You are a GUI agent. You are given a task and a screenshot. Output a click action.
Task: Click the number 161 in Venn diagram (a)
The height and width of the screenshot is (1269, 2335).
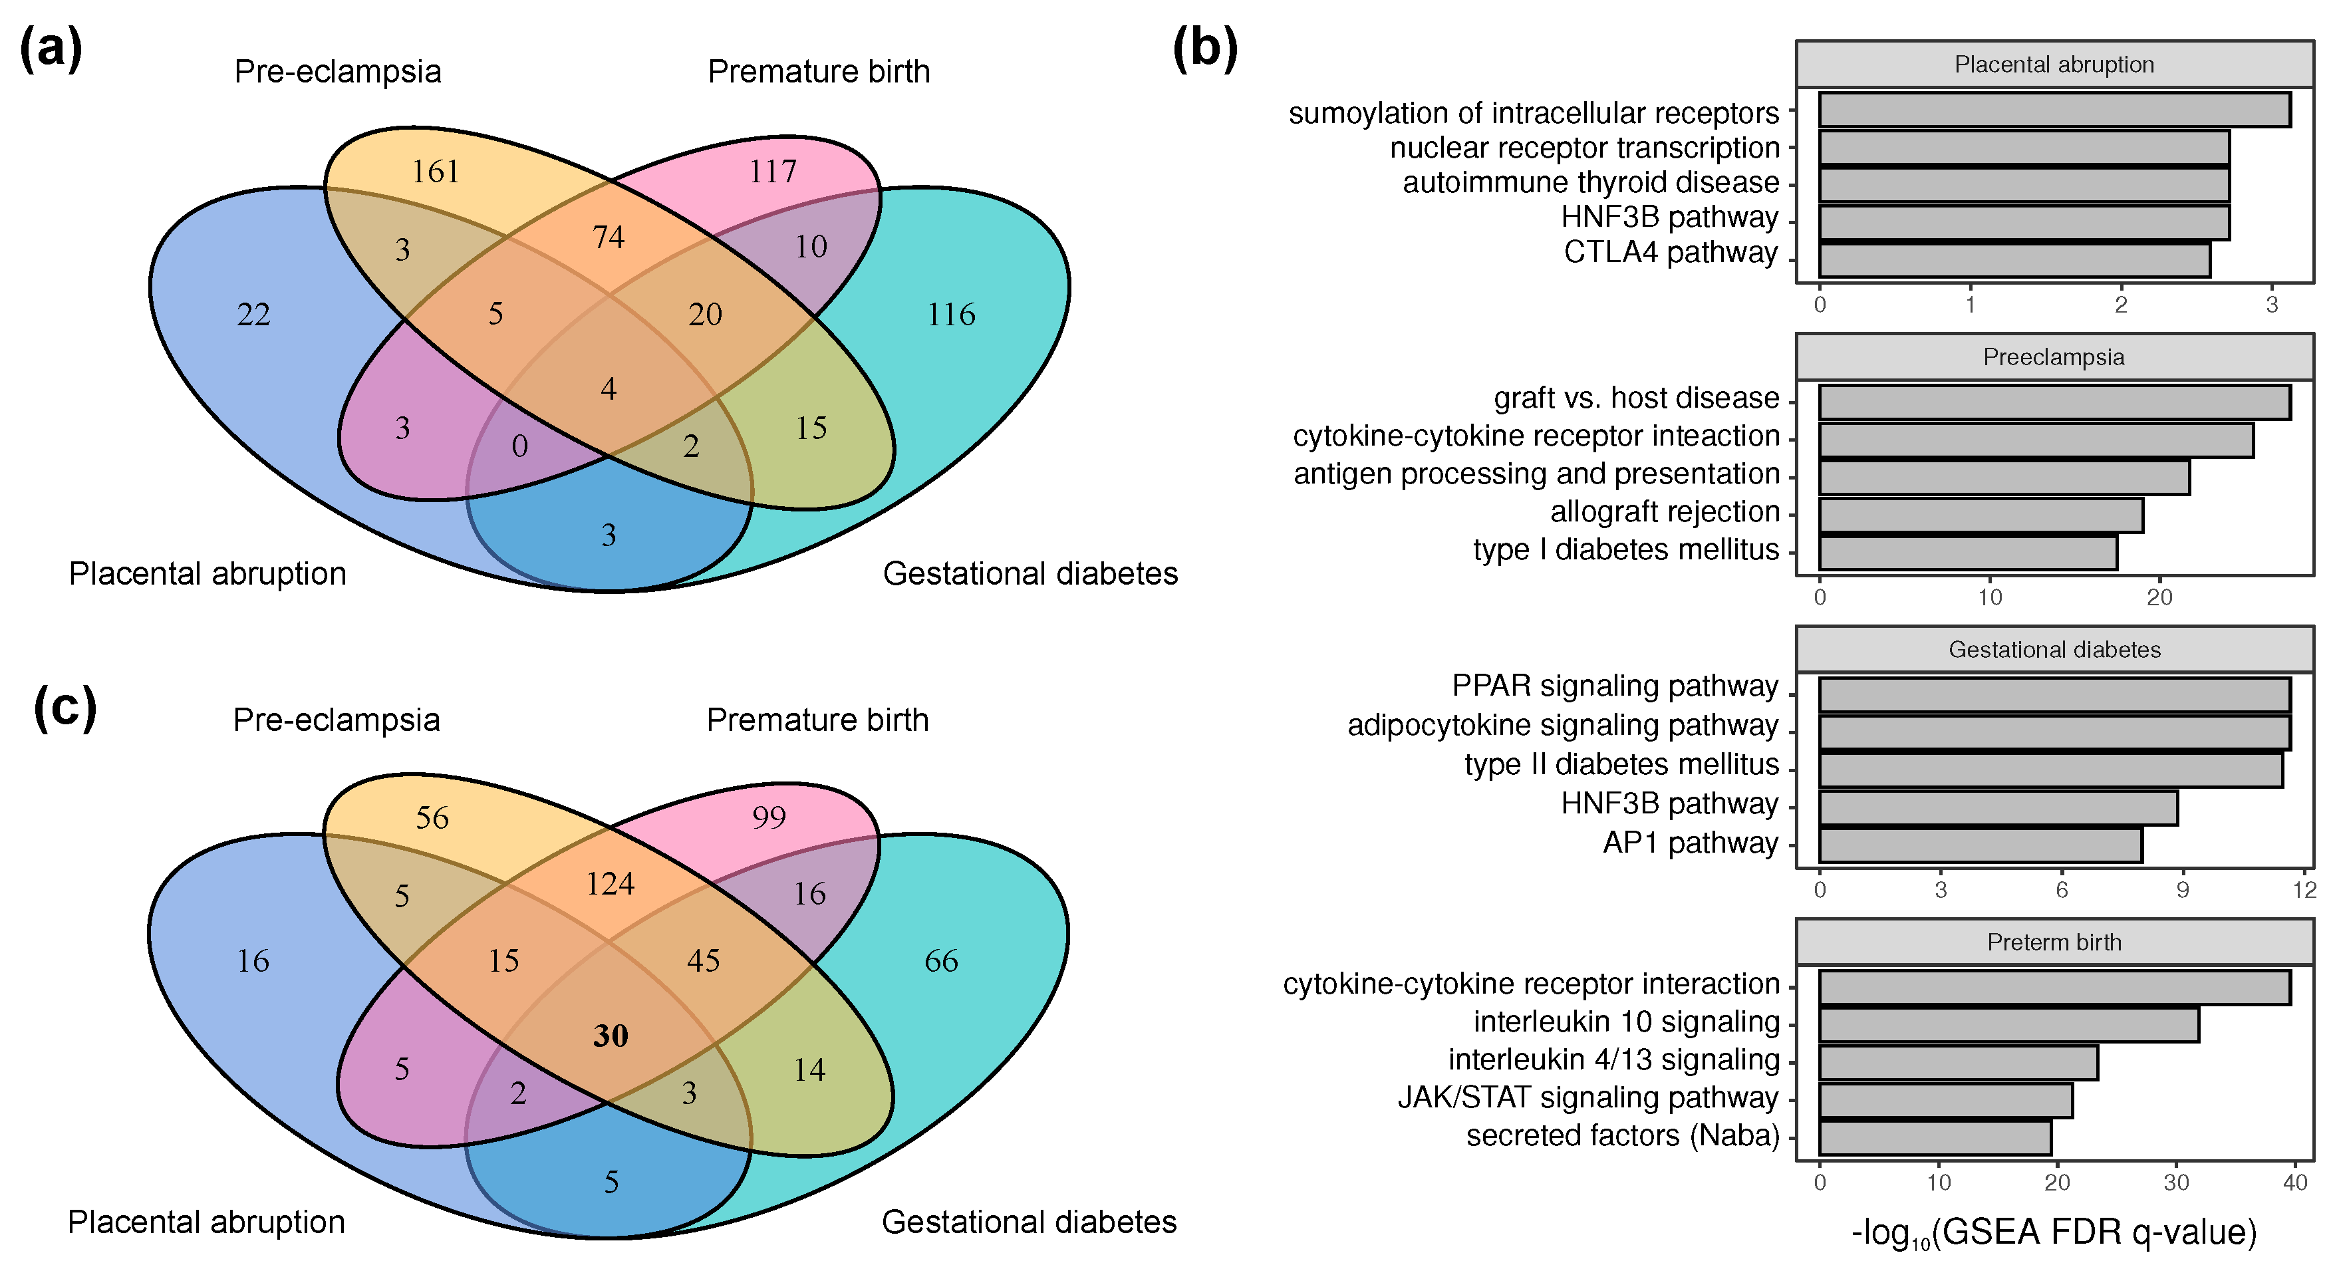pos(435,172)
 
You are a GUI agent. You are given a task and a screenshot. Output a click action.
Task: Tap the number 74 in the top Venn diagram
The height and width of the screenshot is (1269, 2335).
pos(609,237)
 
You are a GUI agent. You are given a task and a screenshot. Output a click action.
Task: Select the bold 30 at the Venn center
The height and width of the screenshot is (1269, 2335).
pos(610,1035)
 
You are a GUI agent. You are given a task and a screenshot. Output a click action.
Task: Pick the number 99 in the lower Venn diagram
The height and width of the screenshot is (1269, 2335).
pos(769,817)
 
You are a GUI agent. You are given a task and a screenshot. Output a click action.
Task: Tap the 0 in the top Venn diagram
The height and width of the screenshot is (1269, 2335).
pos(519,446)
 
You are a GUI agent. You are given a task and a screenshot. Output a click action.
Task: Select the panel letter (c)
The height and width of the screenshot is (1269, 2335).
pos(65,707)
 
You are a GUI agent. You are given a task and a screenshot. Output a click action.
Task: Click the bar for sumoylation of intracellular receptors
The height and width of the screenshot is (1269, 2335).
pos(2054,110)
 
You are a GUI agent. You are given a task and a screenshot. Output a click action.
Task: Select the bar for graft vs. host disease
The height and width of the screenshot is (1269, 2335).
pos(2054,402)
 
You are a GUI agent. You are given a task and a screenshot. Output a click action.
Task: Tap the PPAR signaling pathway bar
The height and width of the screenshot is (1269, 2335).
pos(2054,695)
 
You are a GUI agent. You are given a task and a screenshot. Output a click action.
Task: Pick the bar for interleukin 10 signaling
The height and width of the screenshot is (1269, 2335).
pos(2008,1025)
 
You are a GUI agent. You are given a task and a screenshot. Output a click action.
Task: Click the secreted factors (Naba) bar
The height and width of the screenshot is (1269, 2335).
pos(1935,1137)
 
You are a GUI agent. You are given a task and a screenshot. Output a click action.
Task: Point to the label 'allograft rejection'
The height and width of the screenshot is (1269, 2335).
pos(1664,512)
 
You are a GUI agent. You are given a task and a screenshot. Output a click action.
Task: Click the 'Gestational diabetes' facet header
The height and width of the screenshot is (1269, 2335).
pos(2054,650)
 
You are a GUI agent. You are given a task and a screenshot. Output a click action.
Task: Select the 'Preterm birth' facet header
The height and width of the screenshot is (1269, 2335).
pos(2054,942)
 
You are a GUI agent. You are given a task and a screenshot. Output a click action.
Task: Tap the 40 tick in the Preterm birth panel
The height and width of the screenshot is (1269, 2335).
pos(2294,1183)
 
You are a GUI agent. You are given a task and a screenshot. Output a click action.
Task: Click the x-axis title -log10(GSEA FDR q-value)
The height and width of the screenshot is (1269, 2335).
pos(2054,1232)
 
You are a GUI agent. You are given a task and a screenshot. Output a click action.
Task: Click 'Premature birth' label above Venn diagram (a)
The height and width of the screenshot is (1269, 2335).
pos(819,72)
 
